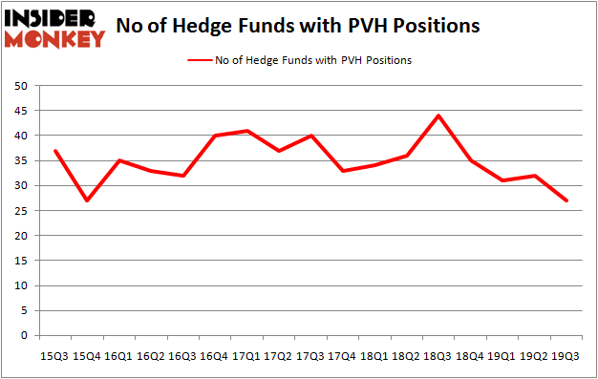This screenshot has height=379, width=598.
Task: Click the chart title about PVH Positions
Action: (298, 27)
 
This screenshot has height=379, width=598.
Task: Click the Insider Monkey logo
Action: (54, 28)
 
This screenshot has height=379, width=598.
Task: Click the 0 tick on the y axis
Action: (22, 335)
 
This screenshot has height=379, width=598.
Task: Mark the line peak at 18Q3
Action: (438, 116)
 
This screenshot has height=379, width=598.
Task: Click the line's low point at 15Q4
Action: (86, 200)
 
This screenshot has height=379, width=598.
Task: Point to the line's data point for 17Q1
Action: (247, 131)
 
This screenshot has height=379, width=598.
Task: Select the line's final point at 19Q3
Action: (567, 200)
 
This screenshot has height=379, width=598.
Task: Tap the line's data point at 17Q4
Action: (343, 171)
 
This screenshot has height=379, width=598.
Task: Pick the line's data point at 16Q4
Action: (215, 136)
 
